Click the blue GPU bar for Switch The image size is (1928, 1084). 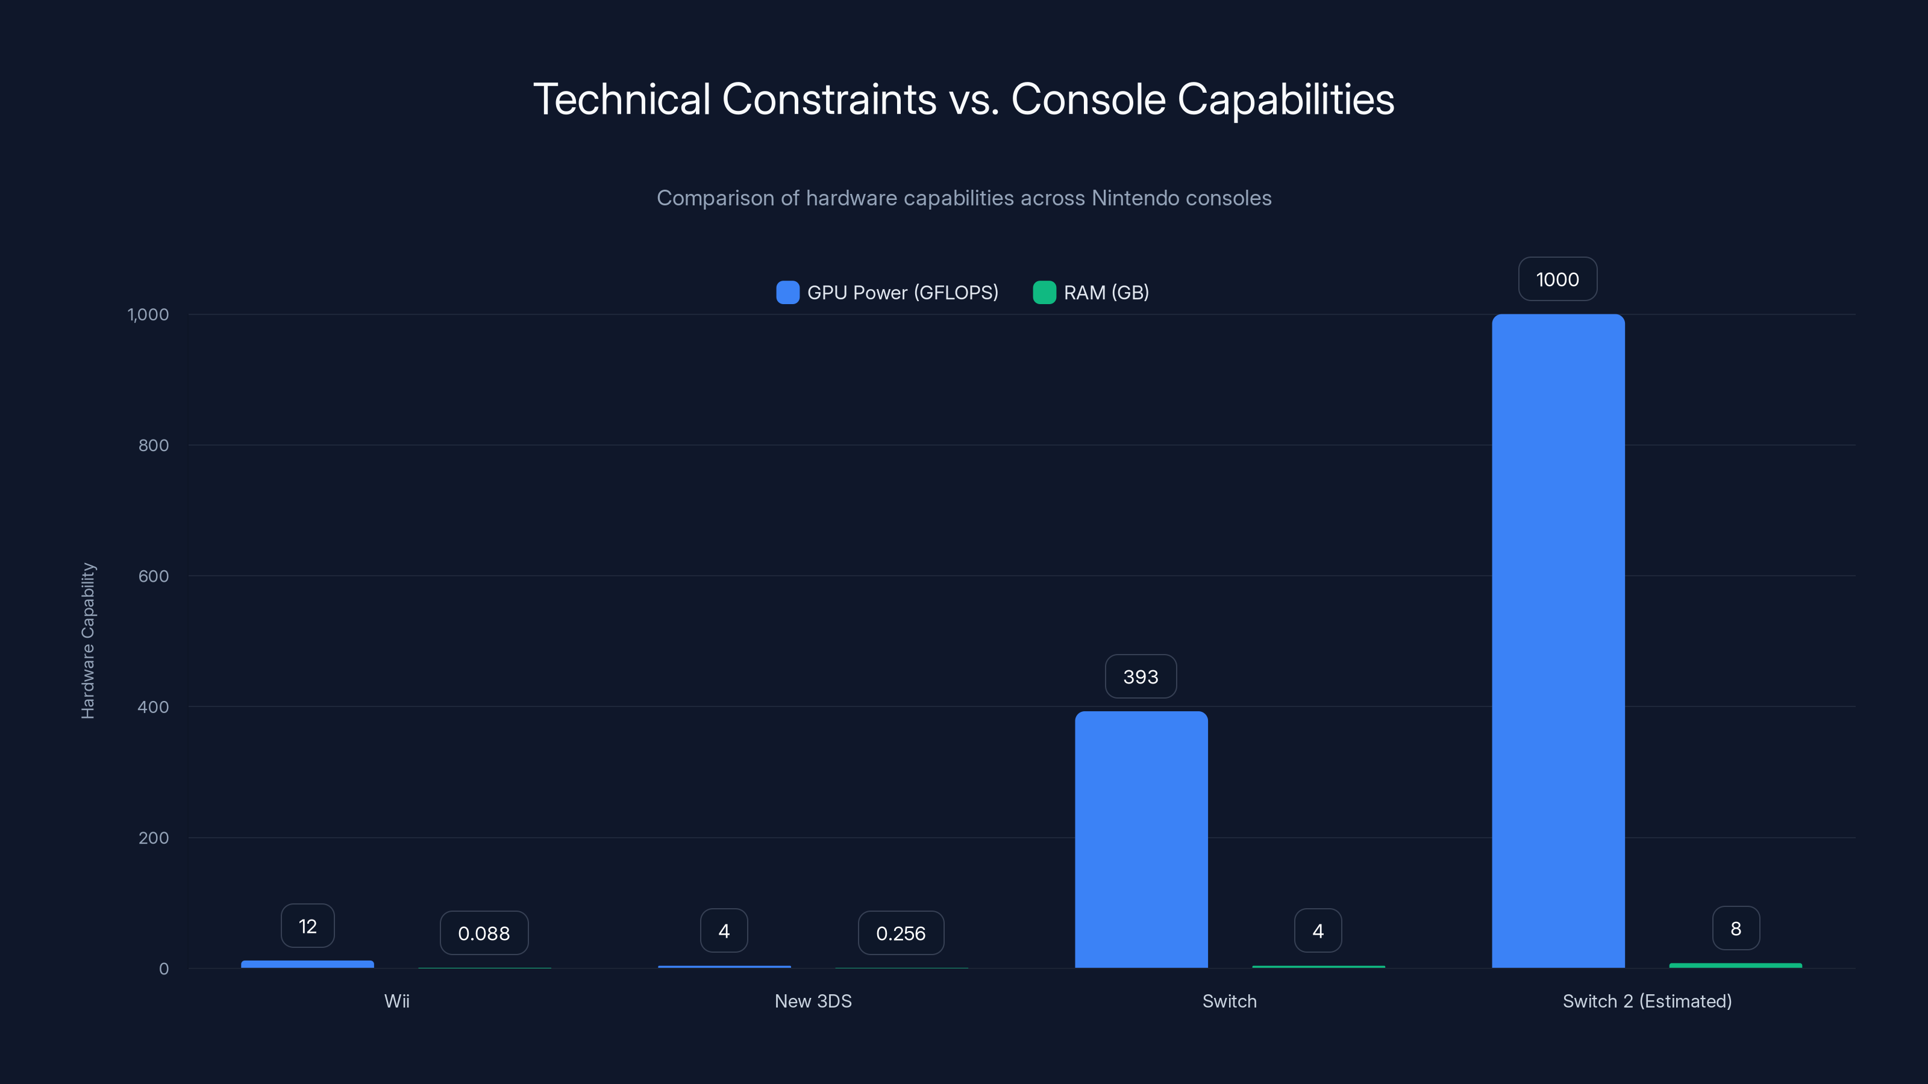[1141, 839]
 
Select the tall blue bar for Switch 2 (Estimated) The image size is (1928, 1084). [1558, 641]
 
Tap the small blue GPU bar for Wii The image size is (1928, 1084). [307, 964]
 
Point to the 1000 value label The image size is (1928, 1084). [1557, 280]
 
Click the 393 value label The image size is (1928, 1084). [1141, 677]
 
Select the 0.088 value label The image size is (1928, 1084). [483, 933]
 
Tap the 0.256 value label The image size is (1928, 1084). [900, 933]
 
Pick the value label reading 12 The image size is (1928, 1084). [307, 926]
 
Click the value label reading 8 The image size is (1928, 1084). [1736, 929]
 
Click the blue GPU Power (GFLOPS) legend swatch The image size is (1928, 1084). [787, 293]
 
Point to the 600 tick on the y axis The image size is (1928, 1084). [154, 576]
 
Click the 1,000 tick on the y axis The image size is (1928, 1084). [148, 315]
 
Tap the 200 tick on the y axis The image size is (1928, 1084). [154, 838]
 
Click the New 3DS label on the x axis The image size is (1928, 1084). [813, 1001]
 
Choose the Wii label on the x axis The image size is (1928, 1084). [396, 1001]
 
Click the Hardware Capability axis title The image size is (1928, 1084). [87, 641]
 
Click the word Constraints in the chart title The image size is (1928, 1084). [828, 99]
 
